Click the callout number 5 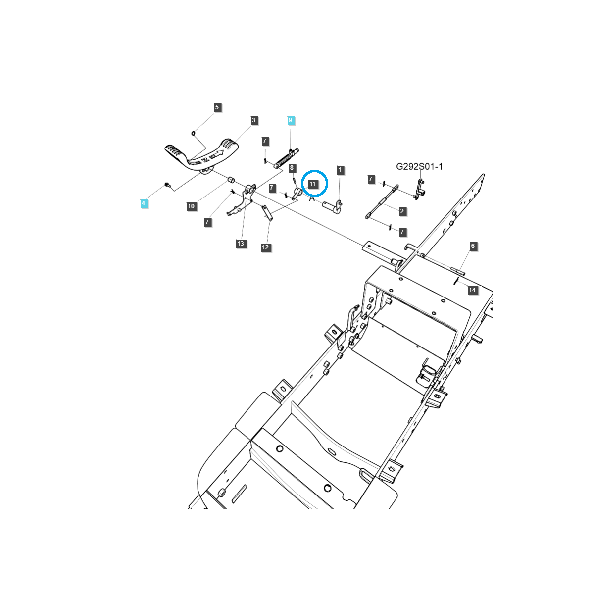pyautogui.click(x=217, y=107)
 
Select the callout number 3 pyautogui.click(x=253, y=120)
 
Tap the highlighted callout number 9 pyautogui.click(x=291, y=120)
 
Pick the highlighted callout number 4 pyautogui.click(x=144, y=203)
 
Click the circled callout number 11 pyautogui.click(x=312, y=184)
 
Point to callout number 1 pyautogui.click(x=340, y=170)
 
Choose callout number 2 pyautogui.click(x=402, y=211)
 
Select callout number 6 pyautogui.click(x=473, y=246)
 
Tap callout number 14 pyautogui.click(x=473, y=290)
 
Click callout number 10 pyautogui.click(x=192, y=206)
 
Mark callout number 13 pyautogui.click(x=241, y=244)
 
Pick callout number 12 pyautogui.click(x=266, y=247)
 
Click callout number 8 pyautogui.click(x=292, y=168)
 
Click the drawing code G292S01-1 pyautogui.click(x=419, y=167)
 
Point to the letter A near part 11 pyautogui.click(x=312, y=199)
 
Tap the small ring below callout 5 pyautogui.click(x=194, y=133)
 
